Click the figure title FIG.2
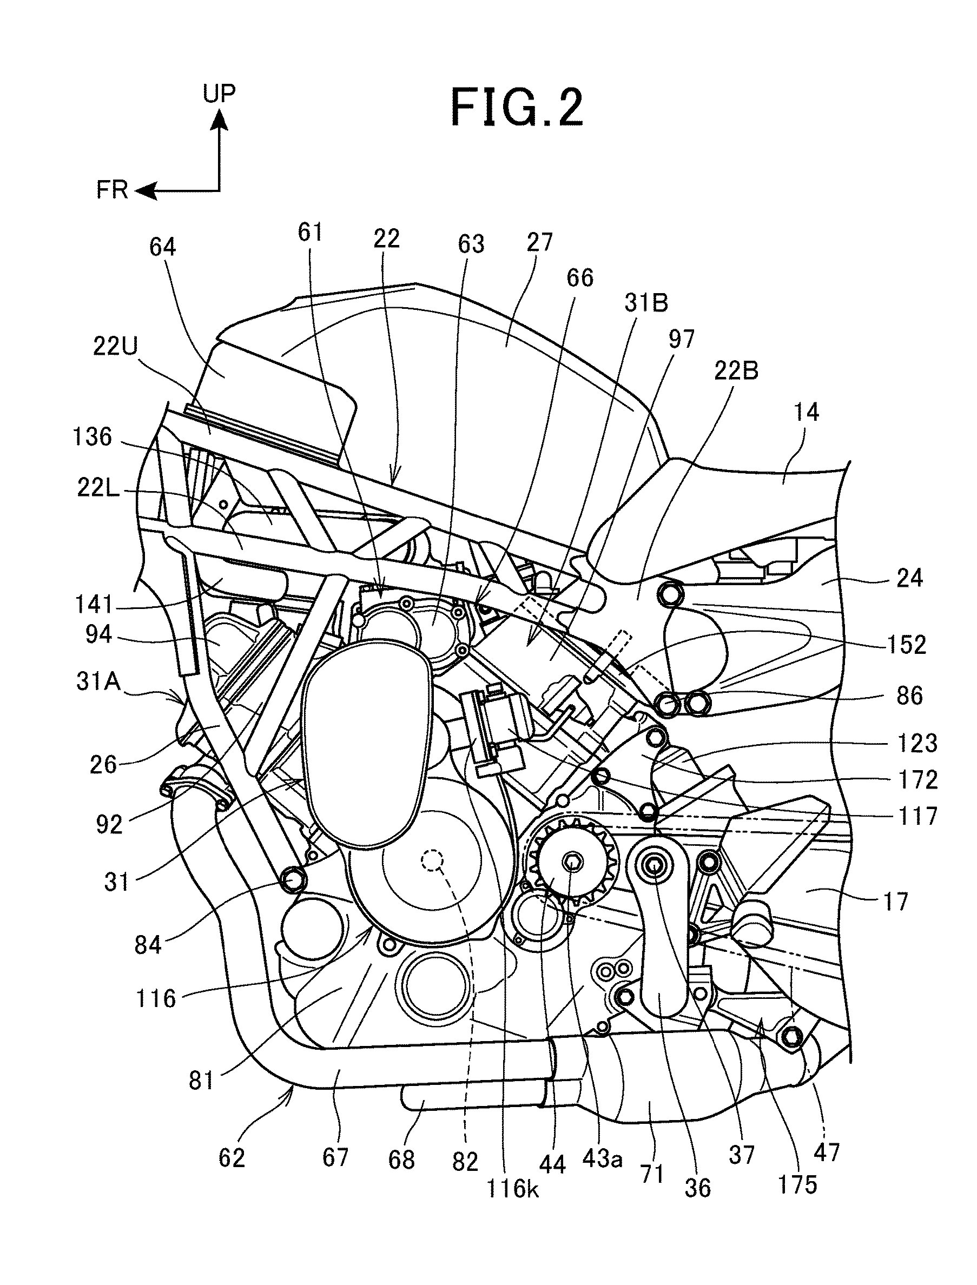point(517,108)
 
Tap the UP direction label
point(219,94)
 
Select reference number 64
point(162,247)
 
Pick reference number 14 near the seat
point(806,412)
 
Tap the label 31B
point(646,303)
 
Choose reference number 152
point(907,645)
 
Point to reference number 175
point(797,1184)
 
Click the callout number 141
point(93,605)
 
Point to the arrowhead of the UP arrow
point(220,118)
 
